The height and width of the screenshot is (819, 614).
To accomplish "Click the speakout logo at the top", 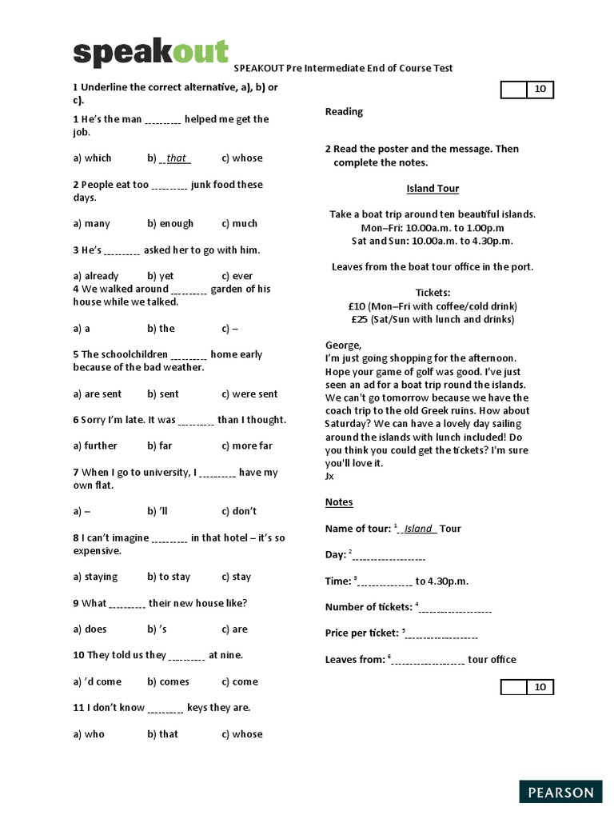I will (150, 53).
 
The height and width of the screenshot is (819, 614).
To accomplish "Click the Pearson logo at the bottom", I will (560, 793).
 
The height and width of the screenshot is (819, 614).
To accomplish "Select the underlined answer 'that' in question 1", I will (176, 158).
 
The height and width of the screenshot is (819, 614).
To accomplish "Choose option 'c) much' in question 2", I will (239, 224).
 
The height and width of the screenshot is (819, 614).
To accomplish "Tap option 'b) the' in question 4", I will (161, 329).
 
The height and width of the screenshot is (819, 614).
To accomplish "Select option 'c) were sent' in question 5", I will (249, 394).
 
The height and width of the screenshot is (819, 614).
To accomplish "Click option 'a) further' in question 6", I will (95, 446).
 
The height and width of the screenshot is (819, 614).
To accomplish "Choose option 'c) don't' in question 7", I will (239, 512).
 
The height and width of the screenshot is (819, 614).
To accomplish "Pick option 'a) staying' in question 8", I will (95, 577).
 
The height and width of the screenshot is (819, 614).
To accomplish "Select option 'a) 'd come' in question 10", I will (98, 682).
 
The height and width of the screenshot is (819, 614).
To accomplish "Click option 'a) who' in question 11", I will (89, 734).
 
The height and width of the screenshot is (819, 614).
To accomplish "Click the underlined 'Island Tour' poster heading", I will (433, 189).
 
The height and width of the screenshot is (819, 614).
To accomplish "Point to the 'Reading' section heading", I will (344, 112).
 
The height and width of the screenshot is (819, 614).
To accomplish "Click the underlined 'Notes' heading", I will (339, 502).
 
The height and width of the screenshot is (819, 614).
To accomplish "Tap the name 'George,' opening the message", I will (343, 346).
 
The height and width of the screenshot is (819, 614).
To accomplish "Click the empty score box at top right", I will (513, 90).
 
